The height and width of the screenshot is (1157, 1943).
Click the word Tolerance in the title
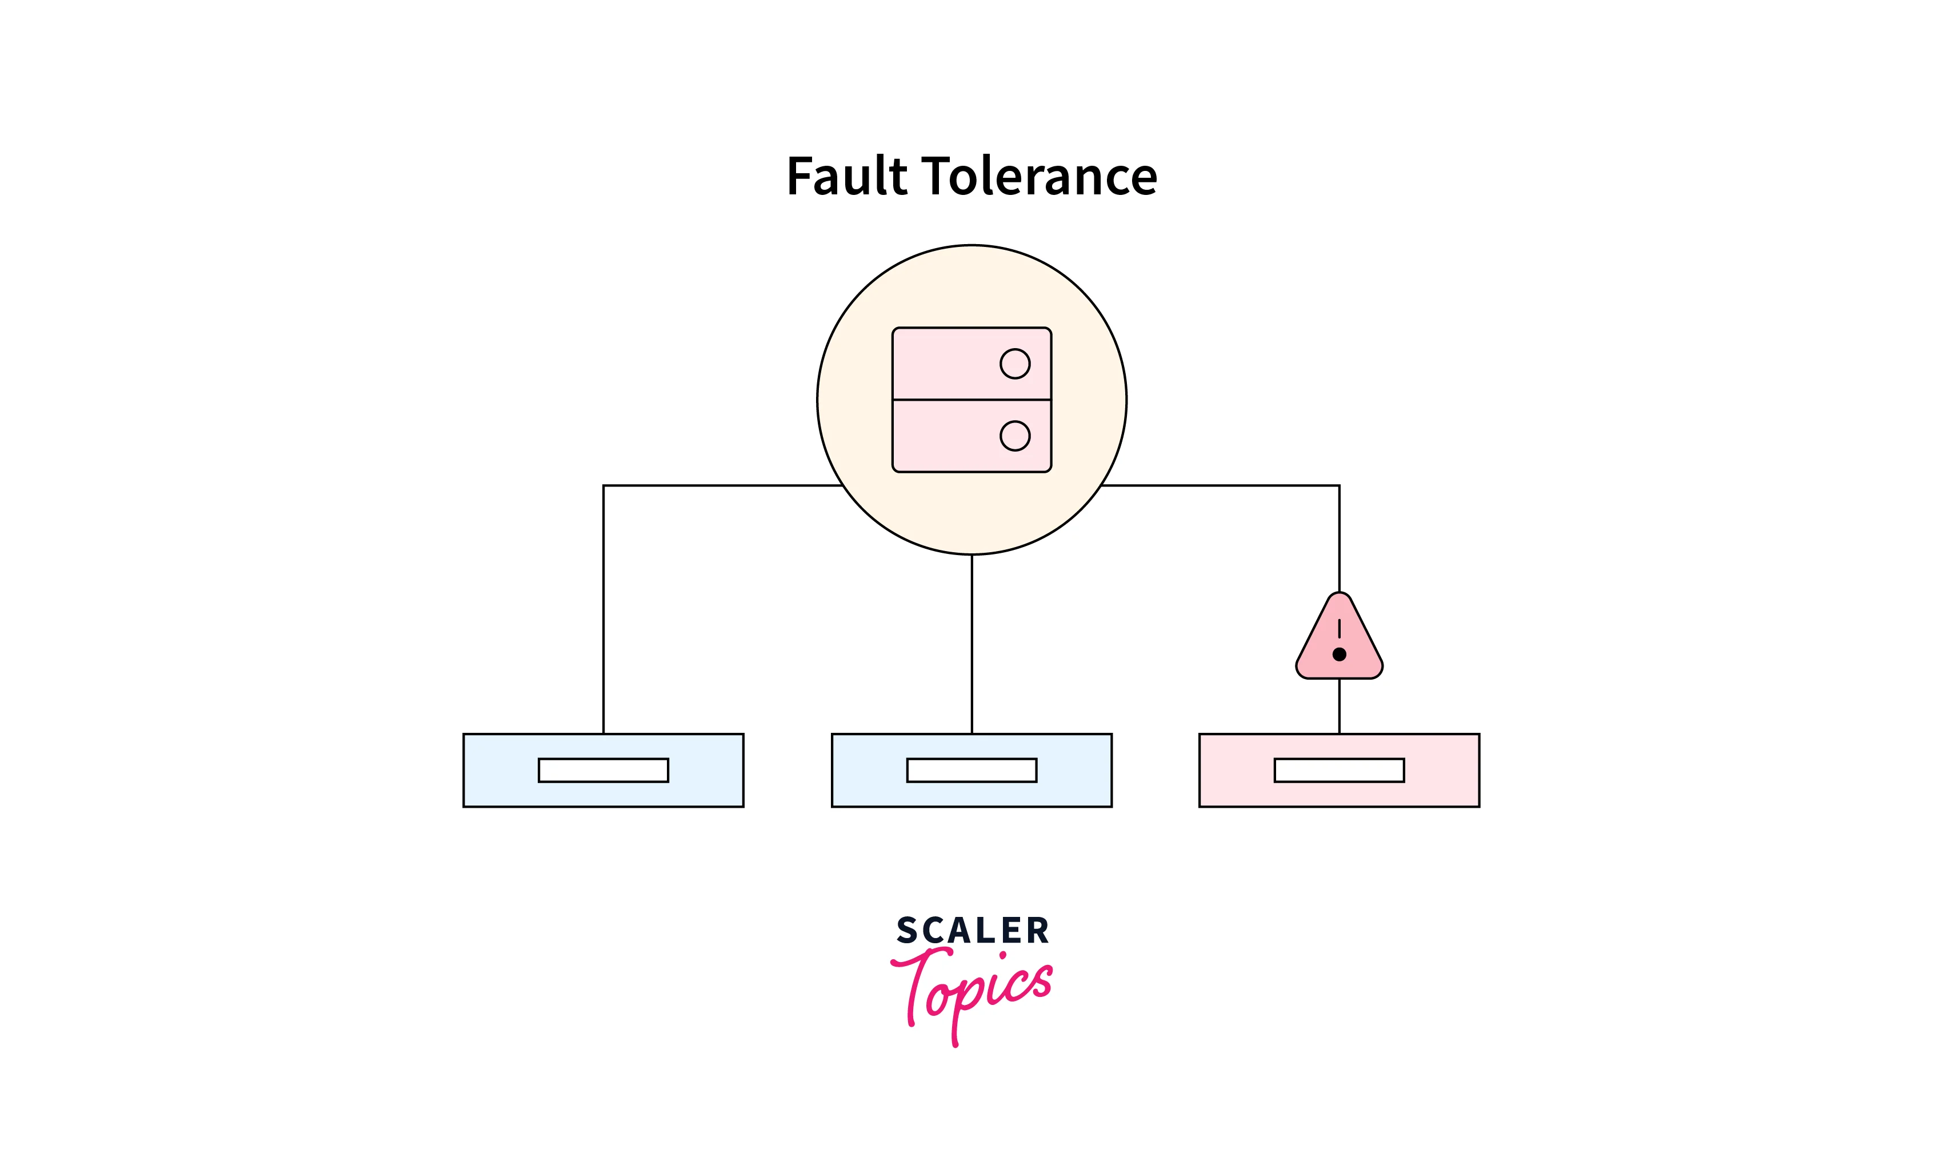1039,175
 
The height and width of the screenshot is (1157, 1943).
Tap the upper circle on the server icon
1015,364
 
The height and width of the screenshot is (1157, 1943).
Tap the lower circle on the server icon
1015,436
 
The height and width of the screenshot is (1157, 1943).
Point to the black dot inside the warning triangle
1339,654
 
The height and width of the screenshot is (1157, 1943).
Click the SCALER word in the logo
973,930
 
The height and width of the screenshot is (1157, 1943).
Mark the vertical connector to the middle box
972,643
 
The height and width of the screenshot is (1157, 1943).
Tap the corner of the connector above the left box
604,486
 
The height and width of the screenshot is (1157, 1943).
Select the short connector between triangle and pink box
1339,705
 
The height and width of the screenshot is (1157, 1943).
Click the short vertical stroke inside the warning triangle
1339,628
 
